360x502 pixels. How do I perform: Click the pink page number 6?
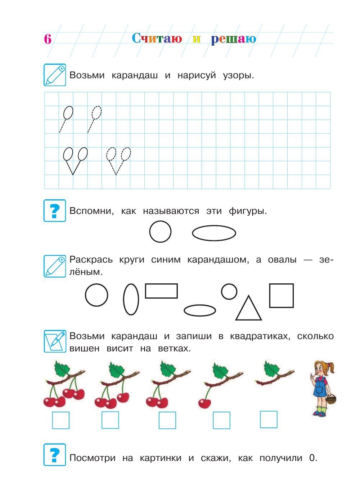coord(48,39)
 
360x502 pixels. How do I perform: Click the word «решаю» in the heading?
coord(233,39)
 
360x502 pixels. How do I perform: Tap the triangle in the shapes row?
coord(248,309)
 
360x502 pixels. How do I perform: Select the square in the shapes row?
coord(281,296)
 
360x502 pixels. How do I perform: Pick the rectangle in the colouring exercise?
coord(161,291)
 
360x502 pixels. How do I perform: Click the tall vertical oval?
coord(131,299)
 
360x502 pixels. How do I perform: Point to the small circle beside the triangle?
coord(229,291)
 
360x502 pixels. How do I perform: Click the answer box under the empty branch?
coord(269,420)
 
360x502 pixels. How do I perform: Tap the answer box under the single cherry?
coord(221,420)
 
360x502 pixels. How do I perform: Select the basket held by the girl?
coord(331,399)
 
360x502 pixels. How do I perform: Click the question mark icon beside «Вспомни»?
coord(55,211)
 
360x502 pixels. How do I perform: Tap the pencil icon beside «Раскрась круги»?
coord(55,266)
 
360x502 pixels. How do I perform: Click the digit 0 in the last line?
coord(312,458)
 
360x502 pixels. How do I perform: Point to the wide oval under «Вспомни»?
coord(214,233)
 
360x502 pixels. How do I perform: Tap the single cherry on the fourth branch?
coord(204,403)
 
